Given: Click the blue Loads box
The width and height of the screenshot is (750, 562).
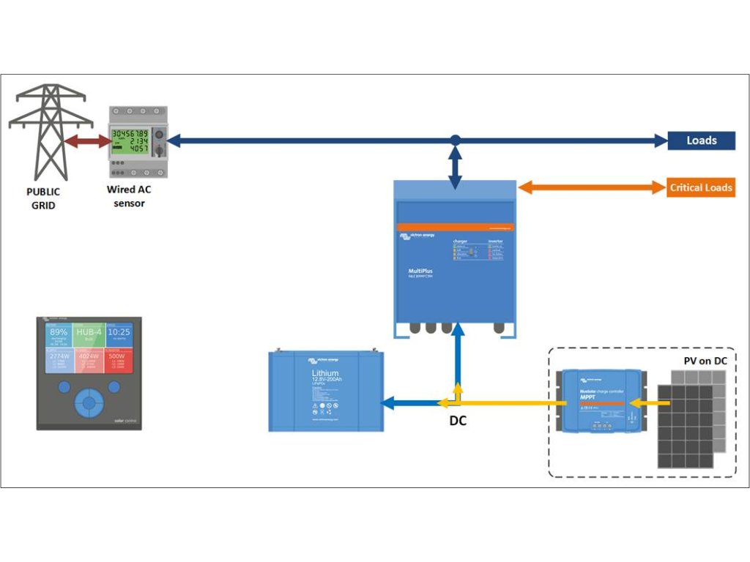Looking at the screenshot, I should [x=701, y=140].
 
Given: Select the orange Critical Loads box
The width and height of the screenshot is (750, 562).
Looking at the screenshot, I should [x=700, y=187].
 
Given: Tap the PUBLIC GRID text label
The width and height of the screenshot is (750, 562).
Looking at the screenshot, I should [x=43, y=198].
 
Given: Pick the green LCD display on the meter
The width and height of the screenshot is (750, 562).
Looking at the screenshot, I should [x=130, y=141].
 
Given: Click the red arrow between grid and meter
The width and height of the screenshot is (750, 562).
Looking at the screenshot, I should [x=86, y=141].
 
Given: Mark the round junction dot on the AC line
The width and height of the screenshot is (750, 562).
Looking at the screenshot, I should [x=456, y=140].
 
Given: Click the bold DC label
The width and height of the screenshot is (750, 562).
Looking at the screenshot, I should [x=458, y=421].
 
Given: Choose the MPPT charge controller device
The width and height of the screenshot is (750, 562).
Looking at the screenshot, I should [x=600, y=401].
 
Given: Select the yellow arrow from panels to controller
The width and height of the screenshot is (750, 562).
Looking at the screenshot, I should [x=644, y=402].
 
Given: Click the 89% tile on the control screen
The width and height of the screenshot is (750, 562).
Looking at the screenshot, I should [x=59, y=334].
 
